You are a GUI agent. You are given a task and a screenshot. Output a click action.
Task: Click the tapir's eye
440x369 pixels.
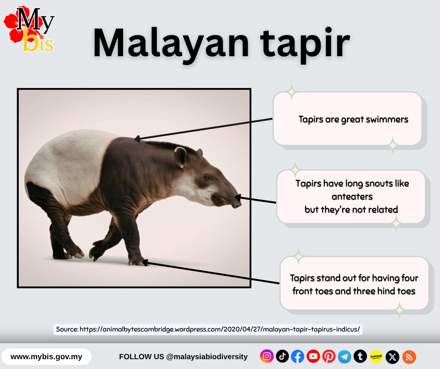[207, 177]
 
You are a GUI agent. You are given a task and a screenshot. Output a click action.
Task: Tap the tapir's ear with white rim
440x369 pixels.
[180, 156]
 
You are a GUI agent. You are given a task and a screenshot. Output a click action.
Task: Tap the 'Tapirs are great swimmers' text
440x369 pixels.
[353, 119]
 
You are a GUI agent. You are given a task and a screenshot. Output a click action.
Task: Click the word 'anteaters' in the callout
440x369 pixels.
[352, 196]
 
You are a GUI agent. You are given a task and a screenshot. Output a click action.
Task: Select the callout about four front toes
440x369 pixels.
[354, 284]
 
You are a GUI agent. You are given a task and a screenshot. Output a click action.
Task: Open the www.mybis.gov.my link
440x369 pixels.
[46, 357]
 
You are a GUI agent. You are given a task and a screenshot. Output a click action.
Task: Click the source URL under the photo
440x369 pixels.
[208, 329]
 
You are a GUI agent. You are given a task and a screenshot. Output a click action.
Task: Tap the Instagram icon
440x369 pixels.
[267, 357]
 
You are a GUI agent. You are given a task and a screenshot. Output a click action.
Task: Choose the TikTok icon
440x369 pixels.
[282, 357]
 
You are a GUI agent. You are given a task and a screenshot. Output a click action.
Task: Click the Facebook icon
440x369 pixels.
[298, 357]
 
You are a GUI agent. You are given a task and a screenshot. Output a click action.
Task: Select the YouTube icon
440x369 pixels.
[313, 357]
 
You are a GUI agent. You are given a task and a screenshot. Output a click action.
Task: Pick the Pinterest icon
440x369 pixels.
[329, 357]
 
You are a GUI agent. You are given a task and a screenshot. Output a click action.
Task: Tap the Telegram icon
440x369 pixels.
[344, 357]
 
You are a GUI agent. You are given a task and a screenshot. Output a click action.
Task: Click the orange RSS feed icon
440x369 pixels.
[409, 357]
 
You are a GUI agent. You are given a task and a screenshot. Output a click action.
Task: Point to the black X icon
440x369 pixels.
[393, 357]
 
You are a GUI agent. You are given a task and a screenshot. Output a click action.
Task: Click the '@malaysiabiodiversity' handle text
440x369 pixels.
[206, 357]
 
